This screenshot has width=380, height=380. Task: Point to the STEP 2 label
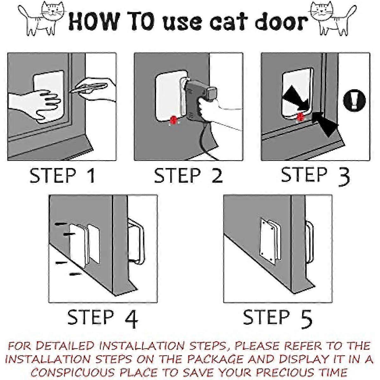(189, 175)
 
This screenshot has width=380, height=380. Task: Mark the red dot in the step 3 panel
(300, 117)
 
